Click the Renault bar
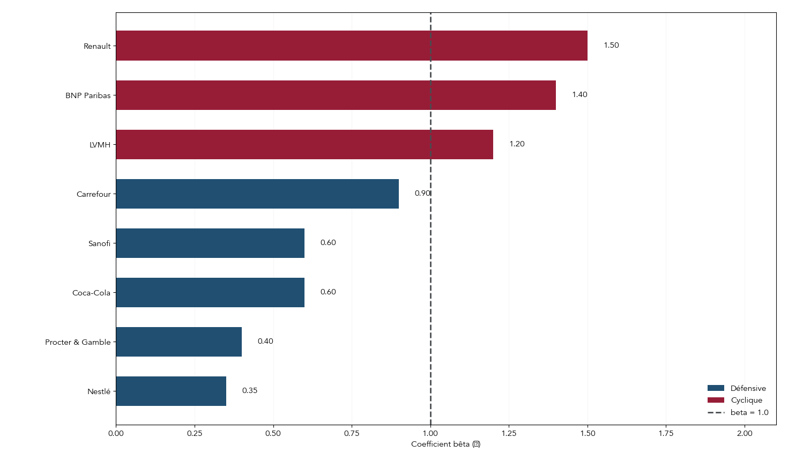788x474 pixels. click(352, 46)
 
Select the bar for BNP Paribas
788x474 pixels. click(336, 95)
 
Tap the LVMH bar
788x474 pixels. click(304, 144)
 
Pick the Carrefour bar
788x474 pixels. click(257, 194)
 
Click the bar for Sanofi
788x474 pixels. click(210, 243)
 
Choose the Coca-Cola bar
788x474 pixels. click(210, 292)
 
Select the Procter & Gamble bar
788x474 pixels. click(179, 342)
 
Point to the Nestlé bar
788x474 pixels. click(171, 391)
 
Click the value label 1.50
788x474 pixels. click(611, 46)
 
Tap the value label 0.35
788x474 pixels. click(249, 391)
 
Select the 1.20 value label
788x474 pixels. click(517, 144)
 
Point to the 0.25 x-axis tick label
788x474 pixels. click(195, 434)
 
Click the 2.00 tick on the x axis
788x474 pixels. click(745, 434)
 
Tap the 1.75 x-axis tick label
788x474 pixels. click(666, 434)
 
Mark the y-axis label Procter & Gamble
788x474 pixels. click(78, 342)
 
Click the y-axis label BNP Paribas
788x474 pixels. click(88, 95)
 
